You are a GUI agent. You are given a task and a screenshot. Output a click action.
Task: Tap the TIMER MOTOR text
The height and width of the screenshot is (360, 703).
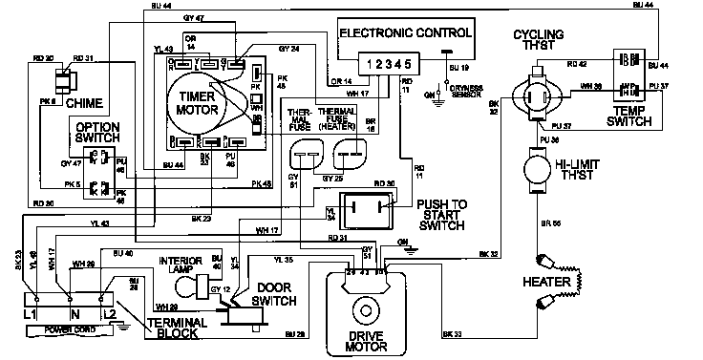(x=199, y=101)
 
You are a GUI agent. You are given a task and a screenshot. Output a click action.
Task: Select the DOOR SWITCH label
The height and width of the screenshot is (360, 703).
(x=273, y=293)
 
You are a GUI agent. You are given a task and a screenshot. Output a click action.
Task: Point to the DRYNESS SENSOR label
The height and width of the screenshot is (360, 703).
(x=478, y=90)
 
